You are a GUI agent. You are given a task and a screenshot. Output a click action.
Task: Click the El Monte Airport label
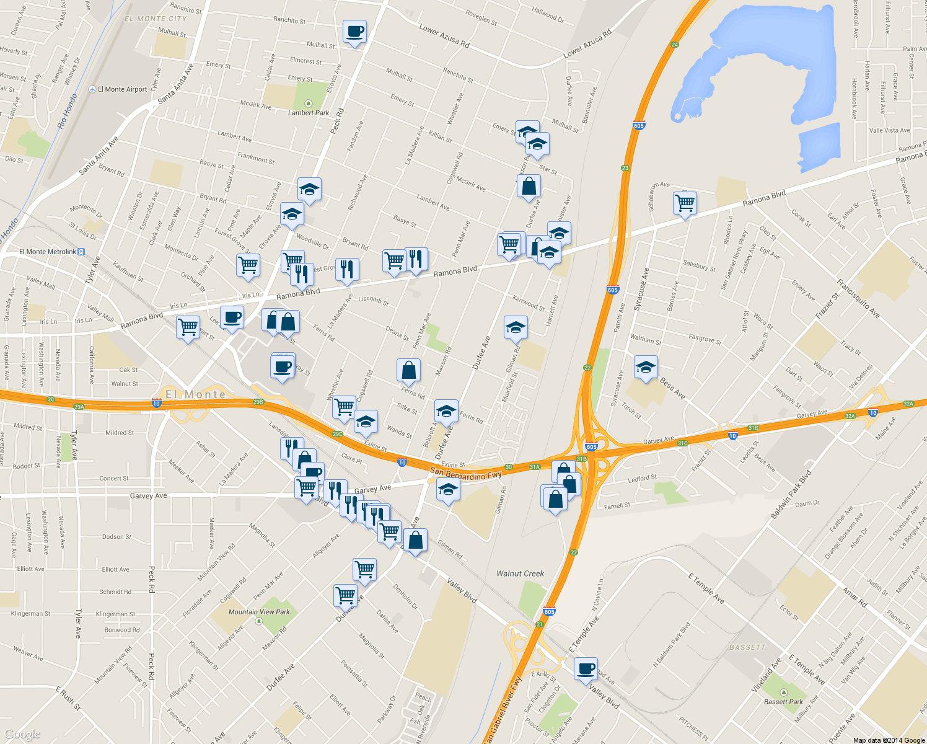tap(122, 89)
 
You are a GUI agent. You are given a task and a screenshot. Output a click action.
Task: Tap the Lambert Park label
tap(309, 113)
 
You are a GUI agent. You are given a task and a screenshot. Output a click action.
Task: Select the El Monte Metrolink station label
tap(48, 252)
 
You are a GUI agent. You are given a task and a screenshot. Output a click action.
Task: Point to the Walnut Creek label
tap(520, 573)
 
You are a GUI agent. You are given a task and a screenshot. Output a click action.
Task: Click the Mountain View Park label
tap(259, 612)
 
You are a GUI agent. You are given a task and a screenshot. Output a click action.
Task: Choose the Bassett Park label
tap(783, 702)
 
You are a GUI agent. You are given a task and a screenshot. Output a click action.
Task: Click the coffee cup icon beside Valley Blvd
tap(586, 670)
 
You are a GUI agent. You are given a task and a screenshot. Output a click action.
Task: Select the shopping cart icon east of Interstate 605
tap(685, 203)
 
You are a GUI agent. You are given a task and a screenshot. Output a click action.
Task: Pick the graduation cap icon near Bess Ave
tap(645, 368)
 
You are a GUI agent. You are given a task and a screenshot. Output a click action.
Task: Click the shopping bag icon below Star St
tap(529, 186)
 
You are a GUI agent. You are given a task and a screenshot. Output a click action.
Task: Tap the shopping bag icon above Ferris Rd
tap(408, 371)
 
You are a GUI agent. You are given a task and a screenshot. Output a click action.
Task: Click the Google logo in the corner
tap(22, 735)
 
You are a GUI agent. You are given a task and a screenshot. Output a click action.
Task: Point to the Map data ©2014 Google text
tap(889, 740)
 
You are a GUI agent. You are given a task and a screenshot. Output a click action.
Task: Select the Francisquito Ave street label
tap(858, 299)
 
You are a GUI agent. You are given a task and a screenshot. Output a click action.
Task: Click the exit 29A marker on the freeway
tap(79, 407)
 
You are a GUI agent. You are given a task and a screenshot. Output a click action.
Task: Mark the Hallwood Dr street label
tap(548, 15)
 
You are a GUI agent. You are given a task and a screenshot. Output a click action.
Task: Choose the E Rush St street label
tap(68, 697)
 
